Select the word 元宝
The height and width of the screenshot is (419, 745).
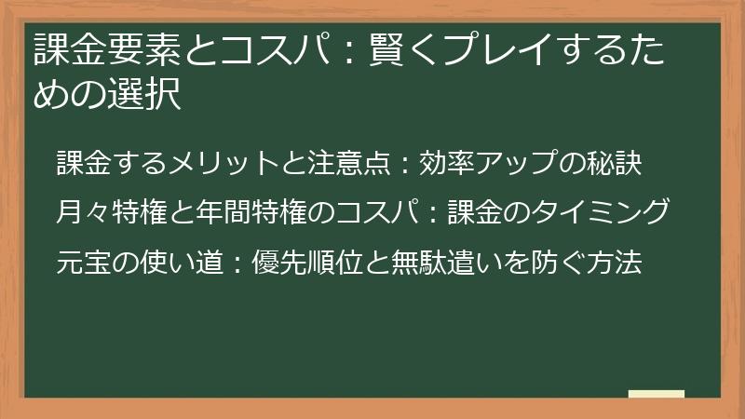click(x=78, y=263)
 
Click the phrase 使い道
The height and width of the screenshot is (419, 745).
click(x=164, y=263)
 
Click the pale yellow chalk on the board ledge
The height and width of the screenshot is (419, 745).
click(x=656, y=395)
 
